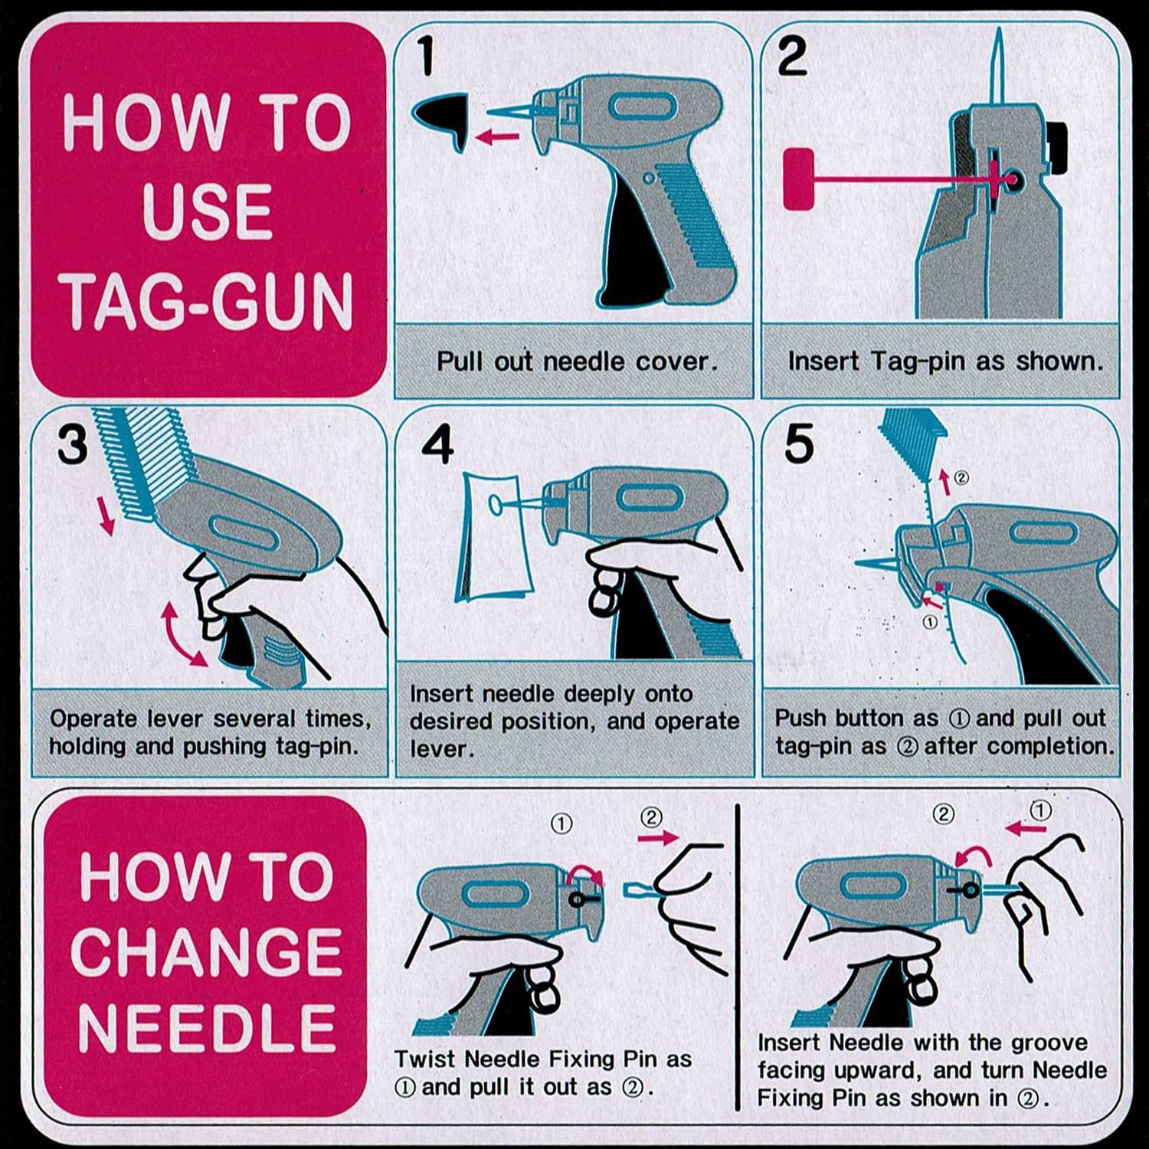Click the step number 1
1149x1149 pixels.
coord(427,57)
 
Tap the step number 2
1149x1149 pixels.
coord(792,57)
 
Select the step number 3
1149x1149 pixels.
coord(72,444)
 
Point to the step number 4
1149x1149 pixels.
coord(437,444)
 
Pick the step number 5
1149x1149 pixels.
coord(798,444)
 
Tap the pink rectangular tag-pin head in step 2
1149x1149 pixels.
coord(797,179)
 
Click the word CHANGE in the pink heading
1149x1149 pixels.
coord(207,951)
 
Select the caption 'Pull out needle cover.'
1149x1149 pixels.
coord(577,361)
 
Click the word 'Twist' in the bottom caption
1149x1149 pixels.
coord(426,1059)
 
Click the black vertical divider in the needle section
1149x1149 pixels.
coord(737,957)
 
